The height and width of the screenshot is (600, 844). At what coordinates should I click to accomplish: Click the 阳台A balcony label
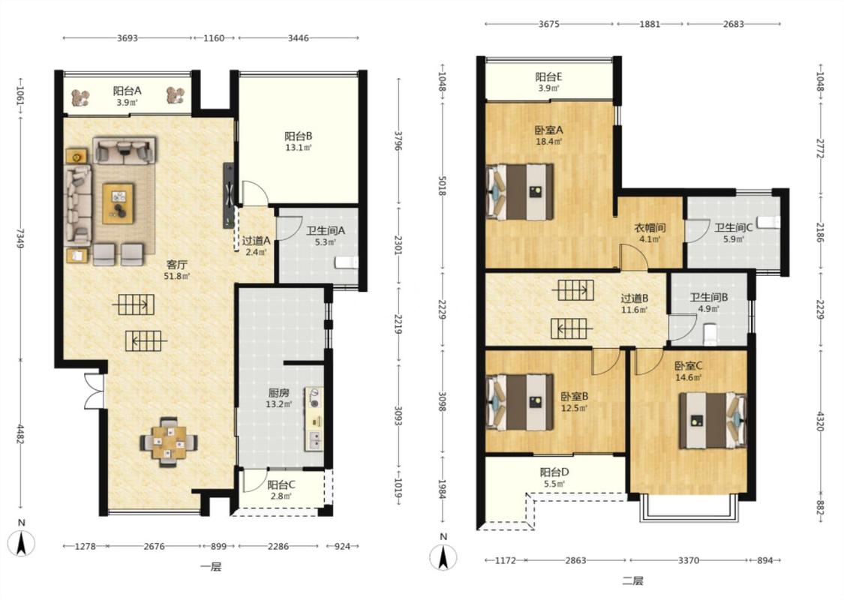(127, 95)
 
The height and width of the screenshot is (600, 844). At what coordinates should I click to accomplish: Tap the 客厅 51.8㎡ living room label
(177, 269)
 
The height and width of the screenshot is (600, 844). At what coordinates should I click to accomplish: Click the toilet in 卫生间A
(346, 262)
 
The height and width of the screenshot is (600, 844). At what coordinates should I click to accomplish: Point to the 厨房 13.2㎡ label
(279, 398)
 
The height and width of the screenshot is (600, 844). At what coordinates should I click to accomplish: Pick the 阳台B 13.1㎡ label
(298, 142)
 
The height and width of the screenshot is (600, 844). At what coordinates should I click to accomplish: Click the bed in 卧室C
(712, 421)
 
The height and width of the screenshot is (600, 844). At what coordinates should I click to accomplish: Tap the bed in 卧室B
(520, 403)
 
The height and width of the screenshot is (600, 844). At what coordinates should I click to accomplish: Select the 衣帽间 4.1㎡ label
(649, 233)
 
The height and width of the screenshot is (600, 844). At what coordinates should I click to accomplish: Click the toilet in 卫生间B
(710, 334)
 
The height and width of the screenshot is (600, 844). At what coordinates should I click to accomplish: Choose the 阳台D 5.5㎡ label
(554, 478)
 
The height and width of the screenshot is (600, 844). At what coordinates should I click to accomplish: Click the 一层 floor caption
(211, 567)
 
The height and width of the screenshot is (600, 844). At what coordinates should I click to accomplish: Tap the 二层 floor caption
(632, 580)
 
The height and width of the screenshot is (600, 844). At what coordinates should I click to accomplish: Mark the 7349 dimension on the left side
(20, 238)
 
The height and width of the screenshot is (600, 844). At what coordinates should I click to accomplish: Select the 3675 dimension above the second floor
(548, 24)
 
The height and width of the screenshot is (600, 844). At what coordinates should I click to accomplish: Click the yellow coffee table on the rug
(119, 203)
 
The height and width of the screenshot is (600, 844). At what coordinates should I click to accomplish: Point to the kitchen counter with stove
(314, 419)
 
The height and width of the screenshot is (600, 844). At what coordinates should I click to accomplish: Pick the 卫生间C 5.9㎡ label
(734, 232)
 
